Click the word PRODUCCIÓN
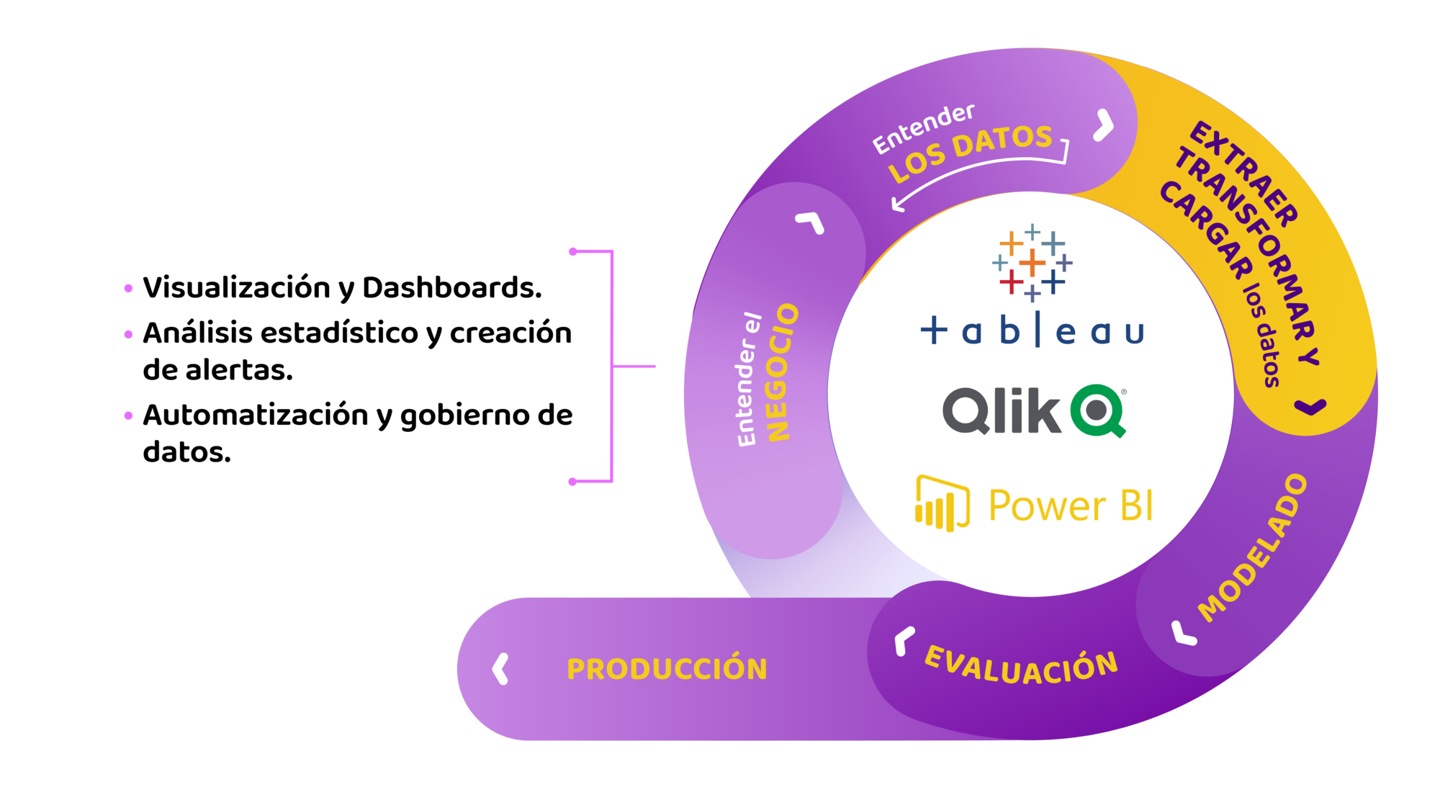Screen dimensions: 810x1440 [667, 669]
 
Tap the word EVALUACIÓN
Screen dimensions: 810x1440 [1020, 666]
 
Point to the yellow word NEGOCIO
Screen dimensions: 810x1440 [783, 372]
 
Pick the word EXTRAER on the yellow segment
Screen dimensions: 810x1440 [1245, 173]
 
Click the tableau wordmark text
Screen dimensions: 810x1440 [1032, 331]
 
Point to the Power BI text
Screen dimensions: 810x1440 [1070, 505]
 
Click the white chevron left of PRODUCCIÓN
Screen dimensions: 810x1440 [500, 669]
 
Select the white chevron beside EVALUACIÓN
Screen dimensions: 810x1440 [903, 640]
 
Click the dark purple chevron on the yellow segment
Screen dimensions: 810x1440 [1310, 407]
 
